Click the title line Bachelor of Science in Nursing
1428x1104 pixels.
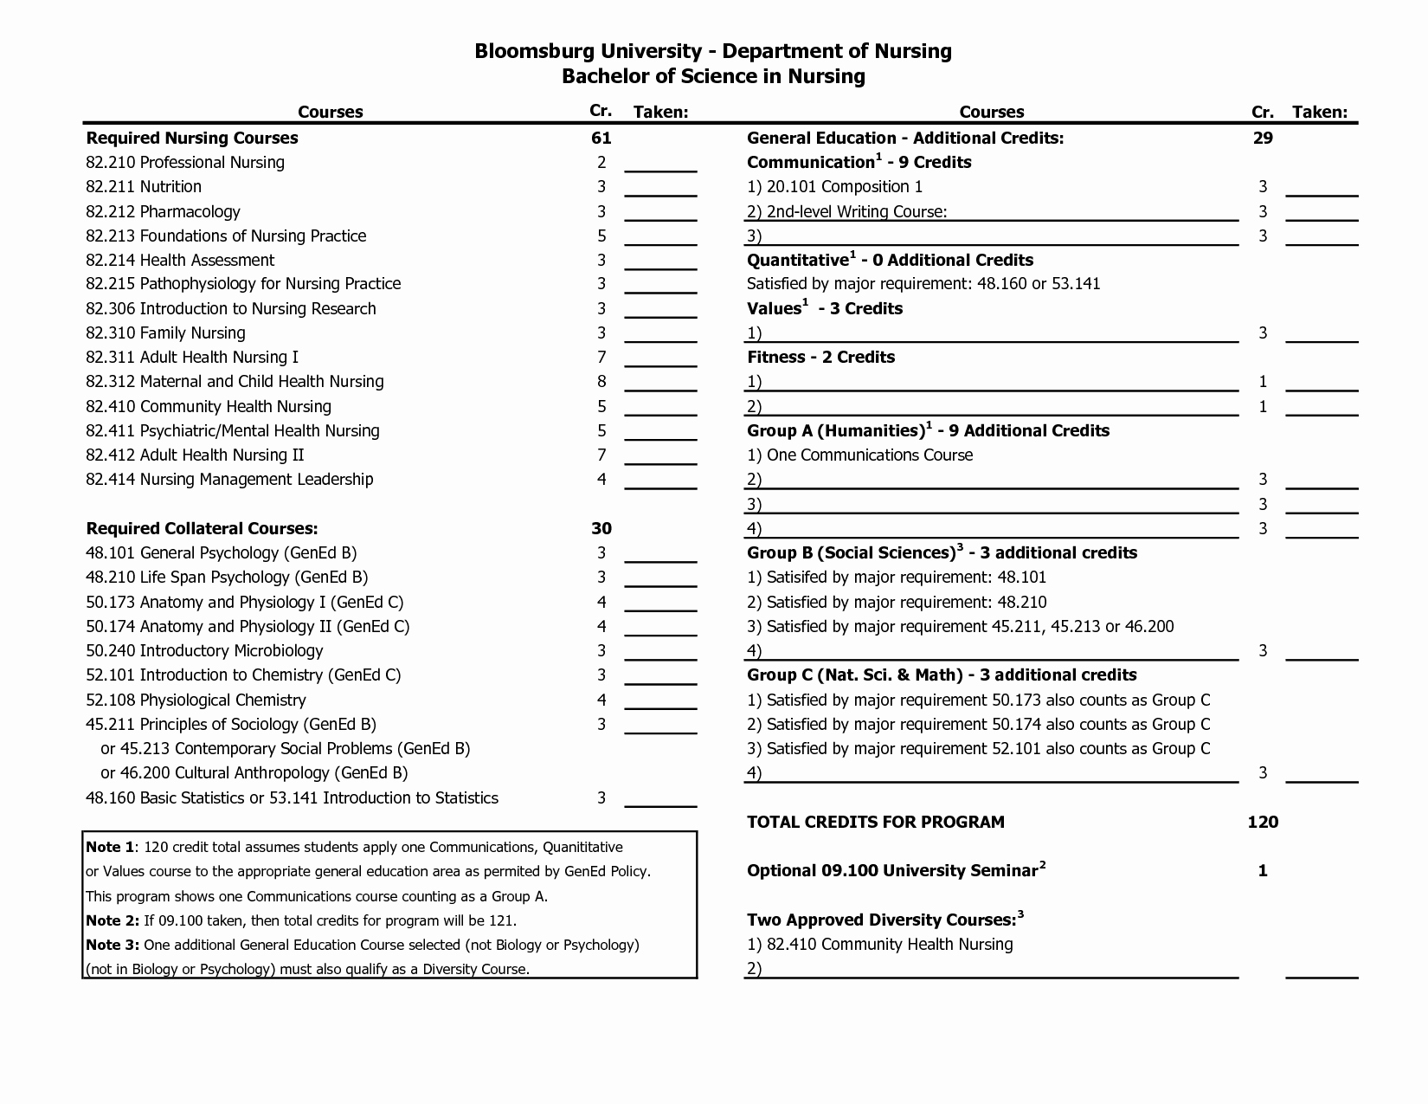(713, 76)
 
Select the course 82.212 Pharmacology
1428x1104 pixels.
(163, 211)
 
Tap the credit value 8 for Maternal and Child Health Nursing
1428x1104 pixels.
(601, 382)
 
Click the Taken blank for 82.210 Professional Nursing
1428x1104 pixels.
(660, 165)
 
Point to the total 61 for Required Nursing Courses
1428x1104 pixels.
(601, 138)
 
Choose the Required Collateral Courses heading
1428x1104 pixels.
(202, 528)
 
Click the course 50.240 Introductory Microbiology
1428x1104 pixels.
(204, 650)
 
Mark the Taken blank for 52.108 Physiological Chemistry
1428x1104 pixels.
(660, 702)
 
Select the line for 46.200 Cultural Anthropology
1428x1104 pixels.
(254, 772)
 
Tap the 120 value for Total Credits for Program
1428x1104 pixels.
(1263, 822)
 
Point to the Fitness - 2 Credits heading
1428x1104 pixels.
(820, 357)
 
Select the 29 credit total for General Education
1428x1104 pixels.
(1263, 138)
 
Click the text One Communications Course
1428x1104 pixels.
(869, 455)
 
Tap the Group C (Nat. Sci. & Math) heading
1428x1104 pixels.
(942, 675)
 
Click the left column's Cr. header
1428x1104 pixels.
(601, 111)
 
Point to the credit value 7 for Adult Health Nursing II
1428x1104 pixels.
(601, 455)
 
